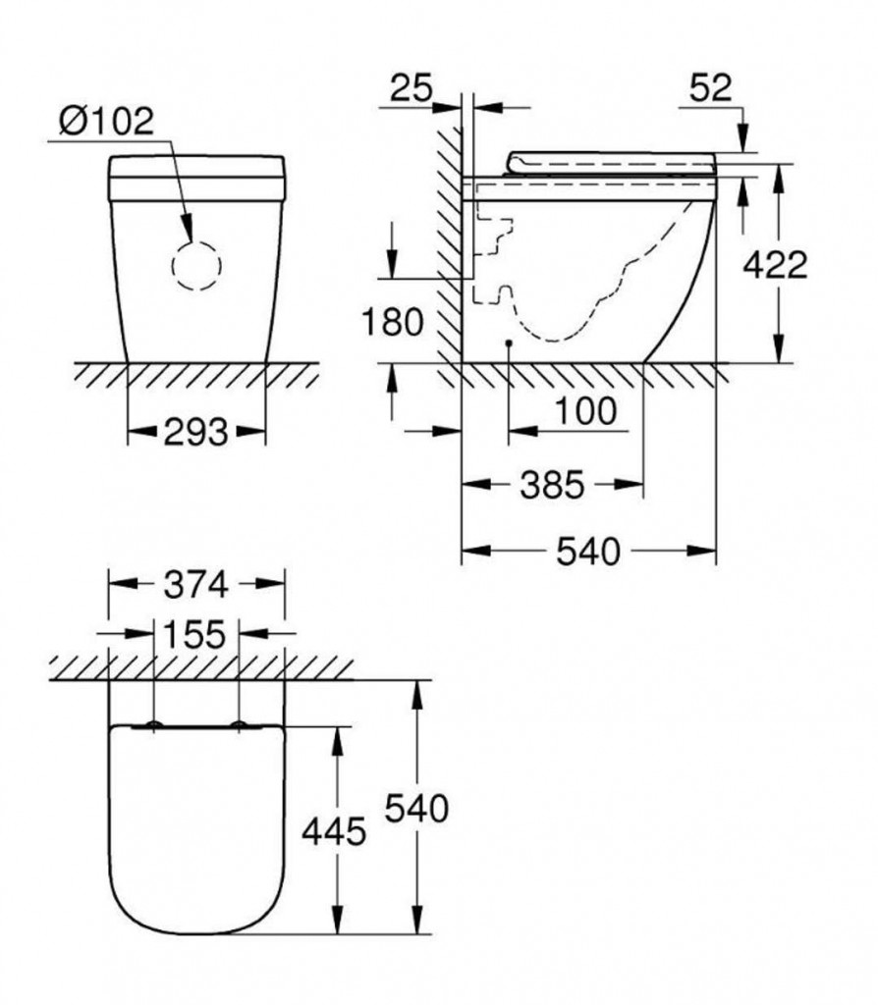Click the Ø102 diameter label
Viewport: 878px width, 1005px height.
click(x=106, y=121)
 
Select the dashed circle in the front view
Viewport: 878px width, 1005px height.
click(x=196, y=263)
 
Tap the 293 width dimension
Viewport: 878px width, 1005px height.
click(x=195, y=431)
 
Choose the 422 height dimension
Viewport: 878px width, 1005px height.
click(x=775, y=264)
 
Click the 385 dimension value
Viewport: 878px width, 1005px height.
click(x=553, y=483)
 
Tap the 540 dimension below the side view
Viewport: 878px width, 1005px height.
click(x=588, y=552)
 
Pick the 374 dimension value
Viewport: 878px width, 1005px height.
click(x=195, y=585)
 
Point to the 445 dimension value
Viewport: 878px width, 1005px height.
click(x=334, y=832)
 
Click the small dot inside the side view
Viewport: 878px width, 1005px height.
click(x=508, y=343)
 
